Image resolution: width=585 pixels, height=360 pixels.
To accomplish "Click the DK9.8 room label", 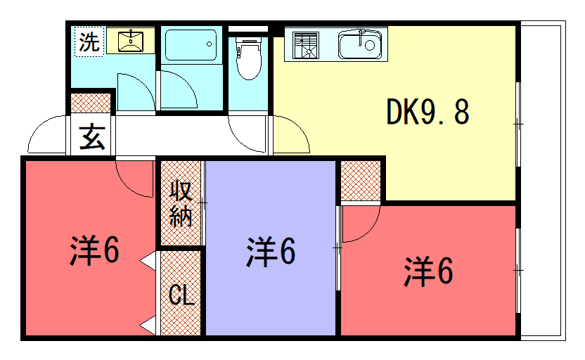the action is tap(427, 112).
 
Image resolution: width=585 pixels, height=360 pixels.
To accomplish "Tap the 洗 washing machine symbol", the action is tap(89, 41).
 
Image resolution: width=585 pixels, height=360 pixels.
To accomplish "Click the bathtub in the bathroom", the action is tap(191, 45).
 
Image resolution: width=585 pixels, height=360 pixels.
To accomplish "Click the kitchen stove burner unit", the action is tap(306, 46).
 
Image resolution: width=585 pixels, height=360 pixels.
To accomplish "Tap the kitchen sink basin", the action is tap(360, 45).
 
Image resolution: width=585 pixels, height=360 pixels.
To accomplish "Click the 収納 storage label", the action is tap(181, 204).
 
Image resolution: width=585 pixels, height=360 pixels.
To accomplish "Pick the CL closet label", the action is tap(181, 295).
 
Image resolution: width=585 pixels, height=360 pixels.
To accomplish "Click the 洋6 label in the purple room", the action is tap(271, 251).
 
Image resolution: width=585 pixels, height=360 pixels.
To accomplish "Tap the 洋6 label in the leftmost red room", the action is tap(94, 250).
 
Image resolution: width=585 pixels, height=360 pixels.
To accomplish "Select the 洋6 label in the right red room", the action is tap(428, 271).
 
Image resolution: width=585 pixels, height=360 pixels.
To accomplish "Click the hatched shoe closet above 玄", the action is tap(91, 103).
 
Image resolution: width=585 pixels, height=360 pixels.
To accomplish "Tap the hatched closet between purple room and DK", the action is tap(361, 181).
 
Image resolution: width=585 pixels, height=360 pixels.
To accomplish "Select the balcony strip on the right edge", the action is tap(543, 181).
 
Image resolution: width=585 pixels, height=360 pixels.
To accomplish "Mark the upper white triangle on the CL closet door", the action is tap(148, 261).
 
